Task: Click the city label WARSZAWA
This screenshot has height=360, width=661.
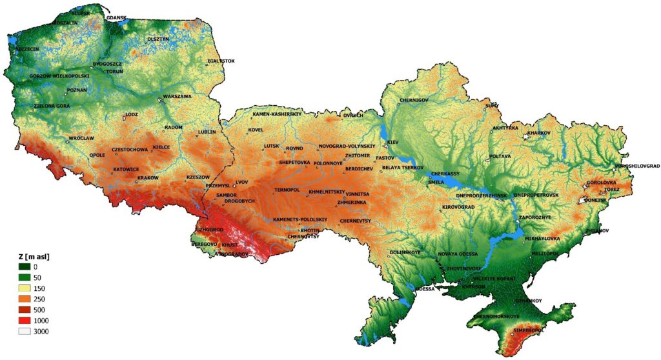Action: (178, 96)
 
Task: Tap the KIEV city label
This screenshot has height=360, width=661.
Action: (393, 141)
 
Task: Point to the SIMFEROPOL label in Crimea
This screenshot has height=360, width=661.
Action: (528, 330)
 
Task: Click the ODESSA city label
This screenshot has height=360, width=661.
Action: (425, 289)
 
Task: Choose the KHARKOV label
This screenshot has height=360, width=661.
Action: (539, 133)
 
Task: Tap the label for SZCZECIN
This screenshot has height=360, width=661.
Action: (28, 48)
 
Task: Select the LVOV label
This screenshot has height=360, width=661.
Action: (242, 183)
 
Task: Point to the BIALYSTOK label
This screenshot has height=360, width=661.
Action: (221, 61)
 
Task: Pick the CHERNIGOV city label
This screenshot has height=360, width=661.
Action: (414, 100)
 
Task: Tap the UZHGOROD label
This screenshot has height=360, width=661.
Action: (210, 229)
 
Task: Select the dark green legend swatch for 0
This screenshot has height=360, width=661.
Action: (25, 266)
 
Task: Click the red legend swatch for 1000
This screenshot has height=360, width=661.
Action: (25, 321)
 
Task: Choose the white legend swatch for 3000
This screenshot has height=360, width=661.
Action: (25, 332)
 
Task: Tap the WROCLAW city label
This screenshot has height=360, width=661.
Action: (82, 138)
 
